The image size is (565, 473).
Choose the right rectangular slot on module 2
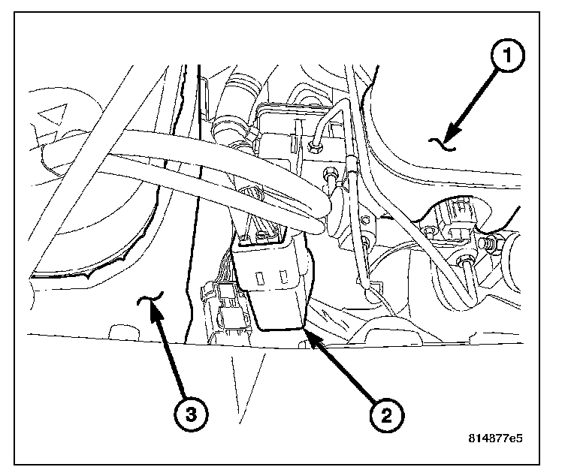point(285,278)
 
